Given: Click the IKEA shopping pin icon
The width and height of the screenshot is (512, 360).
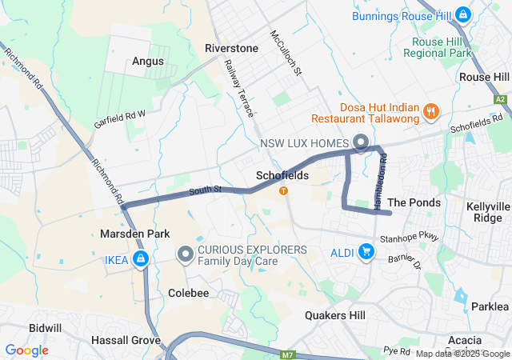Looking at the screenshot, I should [x=141, y=258].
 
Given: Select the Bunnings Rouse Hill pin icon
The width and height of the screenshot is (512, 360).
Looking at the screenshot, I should [x=462, y=14].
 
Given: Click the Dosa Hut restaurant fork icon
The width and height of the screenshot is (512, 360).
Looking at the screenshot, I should [x=432, y=111].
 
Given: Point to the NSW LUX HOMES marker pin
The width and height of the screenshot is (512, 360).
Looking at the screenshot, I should [x=360, y=144].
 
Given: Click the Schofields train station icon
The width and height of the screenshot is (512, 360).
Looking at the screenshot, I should [x=282, y=190].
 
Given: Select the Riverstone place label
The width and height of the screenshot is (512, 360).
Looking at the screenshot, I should [x=231, y=48].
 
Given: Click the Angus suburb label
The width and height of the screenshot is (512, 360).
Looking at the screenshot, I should [x=148, y=61].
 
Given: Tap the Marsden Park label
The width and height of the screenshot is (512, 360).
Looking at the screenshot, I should [x=132, y=234].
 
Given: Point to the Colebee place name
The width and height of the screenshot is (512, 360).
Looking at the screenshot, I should [x=188, y=293].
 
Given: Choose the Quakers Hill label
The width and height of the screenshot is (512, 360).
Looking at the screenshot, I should [x=335, y=315].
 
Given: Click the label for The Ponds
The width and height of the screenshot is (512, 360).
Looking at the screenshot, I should [x=414, y=202].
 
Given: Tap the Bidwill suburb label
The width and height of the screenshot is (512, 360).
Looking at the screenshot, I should [x=45, y=328].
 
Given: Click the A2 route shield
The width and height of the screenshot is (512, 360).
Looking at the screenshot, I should [x=501, y=99].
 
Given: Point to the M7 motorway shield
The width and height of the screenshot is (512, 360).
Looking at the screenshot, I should [x=288, y=353].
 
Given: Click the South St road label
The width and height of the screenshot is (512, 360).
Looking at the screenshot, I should [x=205, y=190].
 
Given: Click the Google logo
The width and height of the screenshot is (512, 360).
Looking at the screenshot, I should [x=26, y=350].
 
